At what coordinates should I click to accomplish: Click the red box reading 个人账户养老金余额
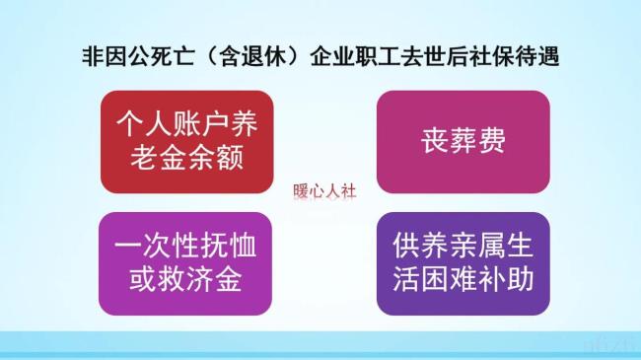tap(184, 141)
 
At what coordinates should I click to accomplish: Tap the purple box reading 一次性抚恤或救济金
tap(184, 262)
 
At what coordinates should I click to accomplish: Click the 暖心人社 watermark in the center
tap(324, 192)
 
